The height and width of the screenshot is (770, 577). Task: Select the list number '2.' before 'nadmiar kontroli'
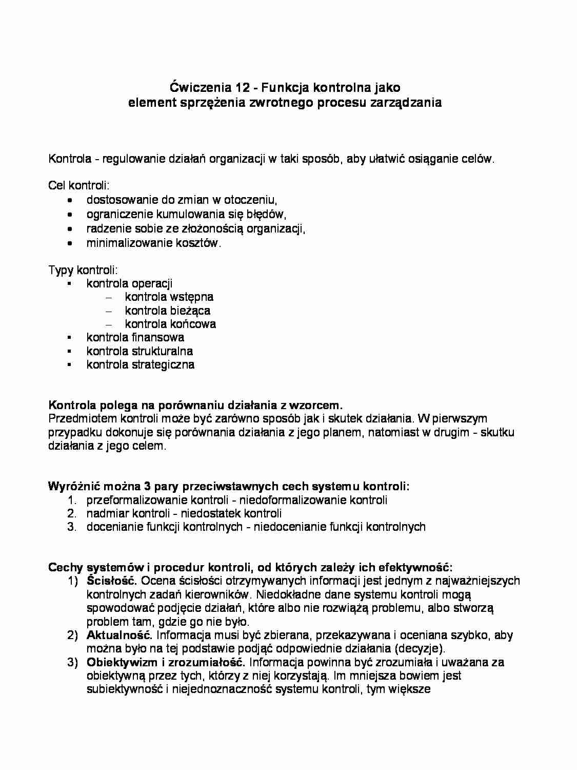pos(71,513)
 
